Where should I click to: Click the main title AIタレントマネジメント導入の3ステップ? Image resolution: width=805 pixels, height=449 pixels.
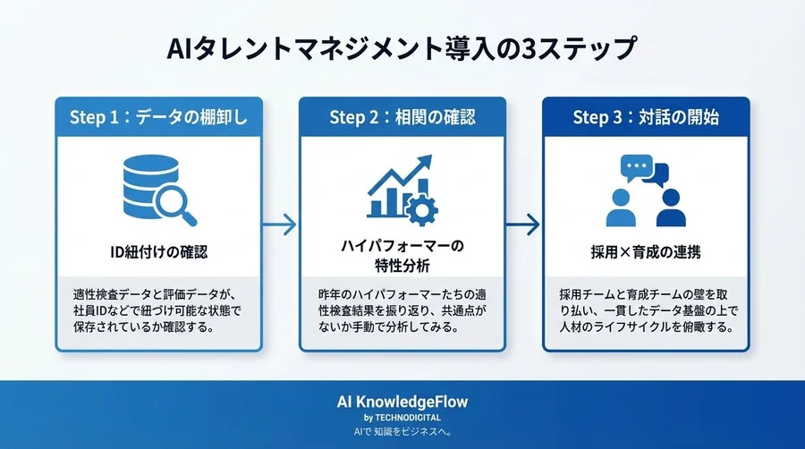(x=402, y=47)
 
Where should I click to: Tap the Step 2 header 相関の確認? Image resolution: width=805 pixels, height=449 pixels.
(x=402, y=117)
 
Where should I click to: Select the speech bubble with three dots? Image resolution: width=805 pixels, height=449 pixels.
(x=635, y=167)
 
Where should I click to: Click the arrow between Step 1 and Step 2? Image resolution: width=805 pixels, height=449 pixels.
(x=282, y=224)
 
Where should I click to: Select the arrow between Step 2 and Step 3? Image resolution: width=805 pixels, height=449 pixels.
(x=524, y=224)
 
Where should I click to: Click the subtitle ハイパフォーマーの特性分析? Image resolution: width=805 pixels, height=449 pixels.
(x=402, y=255)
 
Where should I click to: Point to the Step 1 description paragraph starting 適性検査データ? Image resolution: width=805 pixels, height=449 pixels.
(x=157, y=309)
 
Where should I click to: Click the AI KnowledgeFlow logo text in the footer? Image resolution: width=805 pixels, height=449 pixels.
(x=402, y=402)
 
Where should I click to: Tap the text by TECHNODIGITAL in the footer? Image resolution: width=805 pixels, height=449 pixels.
(x=402, y=418)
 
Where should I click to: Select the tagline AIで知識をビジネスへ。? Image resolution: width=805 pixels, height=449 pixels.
(x=402, y=432)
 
